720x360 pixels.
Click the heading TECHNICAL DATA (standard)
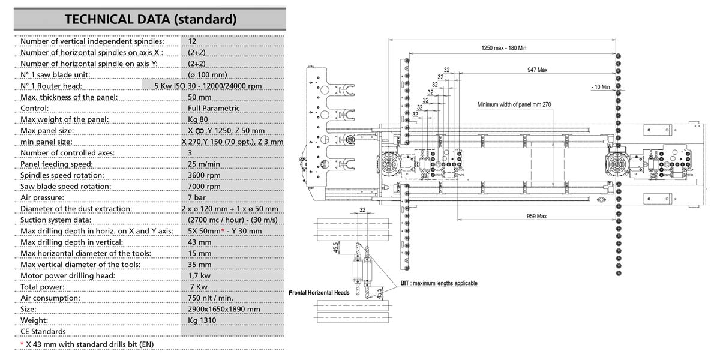(x=150, y=19)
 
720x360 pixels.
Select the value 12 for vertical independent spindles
(x=192, y=41)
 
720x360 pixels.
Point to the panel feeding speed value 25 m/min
(x=204, y=164)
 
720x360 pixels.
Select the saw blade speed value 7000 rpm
(x=204, y=186)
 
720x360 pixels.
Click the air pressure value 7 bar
(x=198, y=197)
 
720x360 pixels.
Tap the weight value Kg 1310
(x=202, y=320)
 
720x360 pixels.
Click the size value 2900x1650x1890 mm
(x=224, y=309)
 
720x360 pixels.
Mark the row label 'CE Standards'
(x=43, y=331)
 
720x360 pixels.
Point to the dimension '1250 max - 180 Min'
(x=504, y=48)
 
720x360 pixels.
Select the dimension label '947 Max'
(x=536, y=70)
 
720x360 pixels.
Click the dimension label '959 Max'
(x=536, y=215)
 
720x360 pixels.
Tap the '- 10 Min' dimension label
(x=600, y=87)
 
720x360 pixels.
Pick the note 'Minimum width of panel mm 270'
(x=514, y=104)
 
